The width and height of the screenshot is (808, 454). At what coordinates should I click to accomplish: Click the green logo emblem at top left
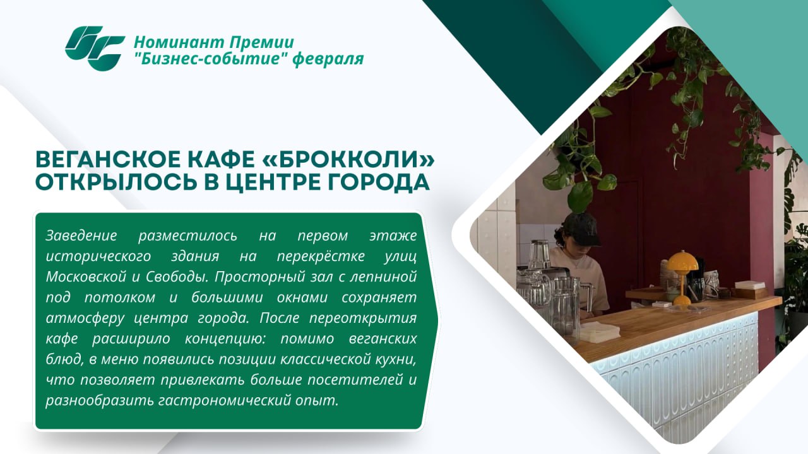click(x=95, y=48)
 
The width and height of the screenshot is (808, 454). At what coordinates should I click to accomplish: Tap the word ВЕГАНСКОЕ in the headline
click(x=110, y=160)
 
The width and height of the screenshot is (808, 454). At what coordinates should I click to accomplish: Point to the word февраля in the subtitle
click(x=328, y=59)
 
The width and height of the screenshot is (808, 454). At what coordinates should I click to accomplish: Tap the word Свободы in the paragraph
click(x=176, y=277)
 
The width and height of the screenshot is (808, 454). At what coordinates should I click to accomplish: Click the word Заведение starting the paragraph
click(x=81, y=235)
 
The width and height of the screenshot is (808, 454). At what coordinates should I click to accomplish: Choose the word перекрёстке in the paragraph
click(x=321, y=256)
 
